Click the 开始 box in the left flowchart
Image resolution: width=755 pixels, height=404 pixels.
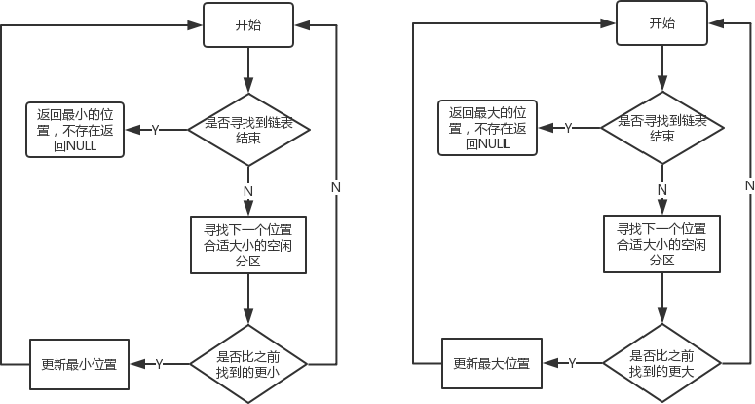click(x=249, y=24)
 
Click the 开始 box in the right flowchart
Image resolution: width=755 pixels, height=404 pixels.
click(x=661, y=24)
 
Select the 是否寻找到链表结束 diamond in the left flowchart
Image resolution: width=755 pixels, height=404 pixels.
click(x=249, y=130)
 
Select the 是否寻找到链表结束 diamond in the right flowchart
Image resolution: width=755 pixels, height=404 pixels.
click(x=661, y=129)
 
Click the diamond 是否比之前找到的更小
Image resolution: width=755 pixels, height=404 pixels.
click(x=249, y=363)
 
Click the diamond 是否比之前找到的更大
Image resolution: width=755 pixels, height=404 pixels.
click(x=661, y=363)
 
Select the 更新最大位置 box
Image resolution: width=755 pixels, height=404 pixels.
click(x=492, y=363)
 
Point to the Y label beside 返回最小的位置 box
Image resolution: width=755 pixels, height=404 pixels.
click(x=156, y=130)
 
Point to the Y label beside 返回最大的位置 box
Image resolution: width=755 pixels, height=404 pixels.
click(x=569, y=129)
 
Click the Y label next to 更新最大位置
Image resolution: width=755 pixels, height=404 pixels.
click(x=573, y=363)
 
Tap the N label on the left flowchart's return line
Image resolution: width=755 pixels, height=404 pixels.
click(x=336, y=186)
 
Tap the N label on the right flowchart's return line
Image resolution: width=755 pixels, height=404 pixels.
click(x=750, y=185)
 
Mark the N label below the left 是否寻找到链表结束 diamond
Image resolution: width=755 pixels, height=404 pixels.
click(x=249, y=189)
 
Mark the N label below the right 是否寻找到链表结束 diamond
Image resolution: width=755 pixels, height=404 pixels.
click(x=661, y=189)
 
